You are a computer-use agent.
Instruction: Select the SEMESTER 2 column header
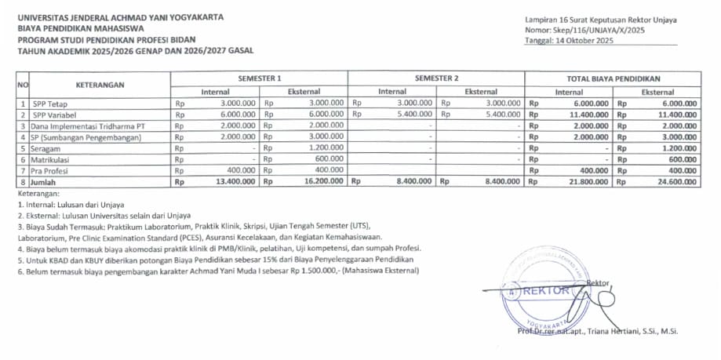[x=436, y=79]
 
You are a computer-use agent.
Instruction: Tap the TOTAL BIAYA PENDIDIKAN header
[x=613, y=79]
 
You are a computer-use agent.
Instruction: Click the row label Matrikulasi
[x=52, y=159]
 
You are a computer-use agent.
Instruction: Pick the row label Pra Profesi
[x=52, y=170]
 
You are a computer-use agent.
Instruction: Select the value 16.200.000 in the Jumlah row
[x=322, y=182]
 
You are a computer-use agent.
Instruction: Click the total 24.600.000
[x=675, y=182]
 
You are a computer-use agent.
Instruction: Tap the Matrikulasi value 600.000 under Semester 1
[x=330, y=159]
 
